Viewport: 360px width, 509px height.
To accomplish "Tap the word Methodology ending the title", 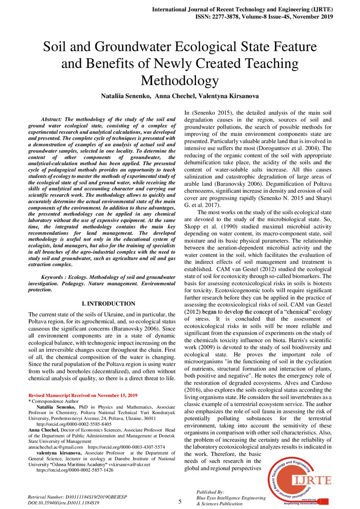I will tap(180, 81).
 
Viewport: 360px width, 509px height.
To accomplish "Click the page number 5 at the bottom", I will tap(180, 502).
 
